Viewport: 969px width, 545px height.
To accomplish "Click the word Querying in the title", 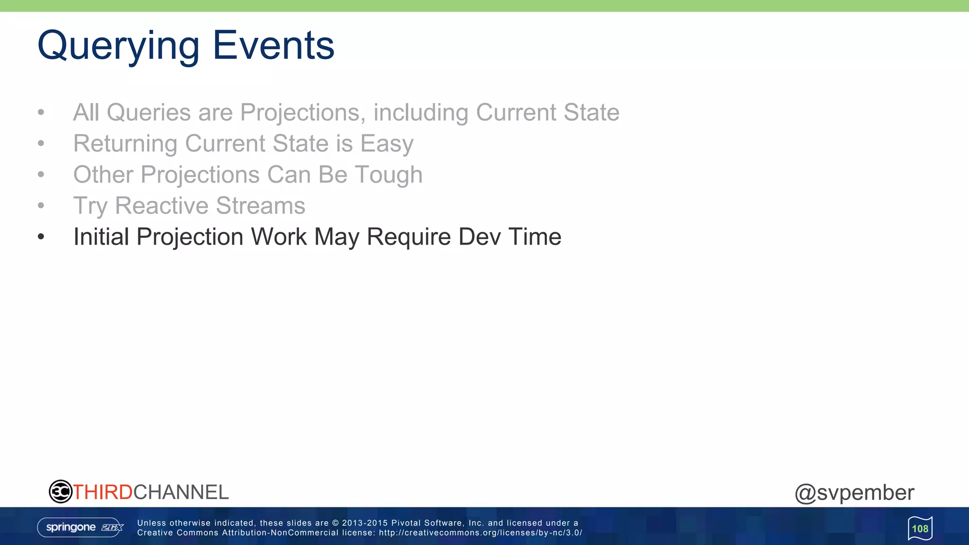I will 118,46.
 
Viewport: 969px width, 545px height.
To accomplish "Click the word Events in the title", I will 273,45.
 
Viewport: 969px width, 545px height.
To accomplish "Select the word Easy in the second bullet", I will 387,144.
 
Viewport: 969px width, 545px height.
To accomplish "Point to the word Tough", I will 388,175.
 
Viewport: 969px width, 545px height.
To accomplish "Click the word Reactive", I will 161,206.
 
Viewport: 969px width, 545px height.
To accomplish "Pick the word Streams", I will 260,206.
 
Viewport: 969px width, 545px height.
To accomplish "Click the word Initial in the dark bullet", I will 101,237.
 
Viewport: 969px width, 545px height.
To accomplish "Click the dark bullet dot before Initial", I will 41,237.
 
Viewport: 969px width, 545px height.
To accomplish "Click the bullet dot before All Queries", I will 41,113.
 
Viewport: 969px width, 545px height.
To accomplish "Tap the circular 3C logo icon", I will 60,492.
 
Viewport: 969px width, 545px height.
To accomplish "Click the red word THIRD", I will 103,492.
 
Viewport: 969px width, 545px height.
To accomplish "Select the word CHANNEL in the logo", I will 181,492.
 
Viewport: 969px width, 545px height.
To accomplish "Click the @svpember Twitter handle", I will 854,492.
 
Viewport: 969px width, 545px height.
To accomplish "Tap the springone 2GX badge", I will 80,527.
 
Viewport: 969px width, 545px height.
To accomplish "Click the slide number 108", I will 920,528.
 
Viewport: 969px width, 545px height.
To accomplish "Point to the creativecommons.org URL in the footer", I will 480,533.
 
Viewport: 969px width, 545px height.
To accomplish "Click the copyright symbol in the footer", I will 335,523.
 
